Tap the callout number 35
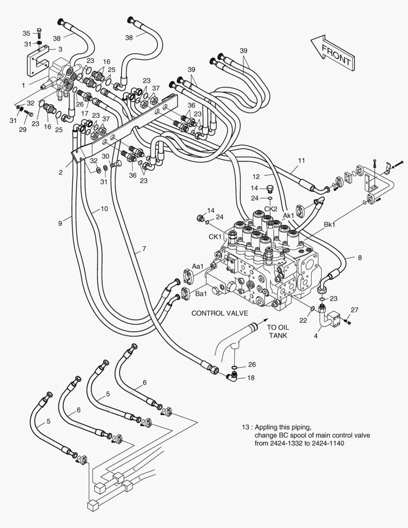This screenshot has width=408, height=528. (x=26, y=33)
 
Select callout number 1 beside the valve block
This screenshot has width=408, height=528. (x=23, y=85)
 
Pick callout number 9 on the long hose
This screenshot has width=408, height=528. (x=60, y=223)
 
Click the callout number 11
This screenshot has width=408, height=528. (x=301, y=160)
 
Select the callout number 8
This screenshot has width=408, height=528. (x=360, y=257)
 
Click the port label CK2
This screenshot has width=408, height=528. (x=271, y=209)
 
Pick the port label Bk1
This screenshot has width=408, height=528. (x=330, y=224)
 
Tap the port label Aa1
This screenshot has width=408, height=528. (x=198, y=266)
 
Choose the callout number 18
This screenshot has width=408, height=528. (x=250, y=378)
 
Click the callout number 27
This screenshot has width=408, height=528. (x=355, y=309)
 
